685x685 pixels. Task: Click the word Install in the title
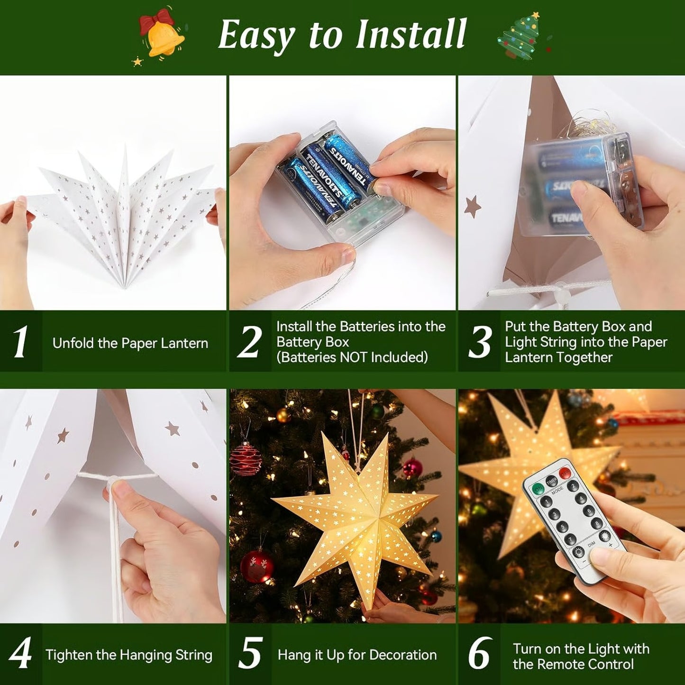pos(411,35)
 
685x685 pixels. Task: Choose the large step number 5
pos(250,654)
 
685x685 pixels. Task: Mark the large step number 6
pos(479,654)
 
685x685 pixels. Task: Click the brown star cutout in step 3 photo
pos(472,207)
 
